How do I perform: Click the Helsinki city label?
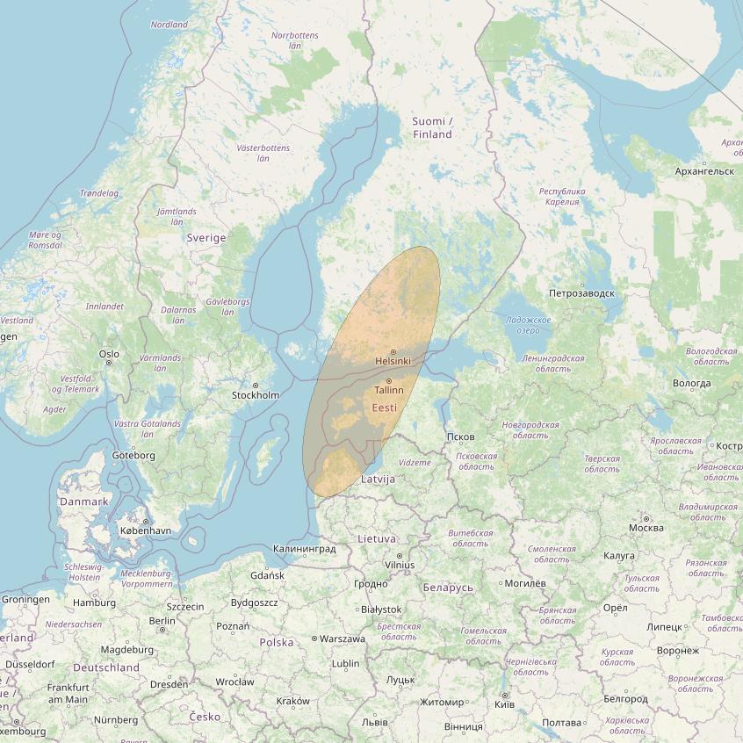tap(392, 361)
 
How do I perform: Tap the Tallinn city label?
tap(389, 390)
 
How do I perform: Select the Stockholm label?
tap(256, 395)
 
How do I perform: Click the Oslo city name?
tap(109, 355)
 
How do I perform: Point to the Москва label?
tap(646, 528)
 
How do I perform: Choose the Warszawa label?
tap(343, 638)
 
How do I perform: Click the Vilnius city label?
tap(399, 565)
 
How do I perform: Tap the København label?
tap(146, 531)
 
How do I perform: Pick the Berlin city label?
tap(162, 620)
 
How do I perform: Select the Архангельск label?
tap(705, 171)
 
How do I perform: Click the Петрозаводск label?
tap(581, 293)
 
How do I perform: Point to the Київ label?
tap(505, 704)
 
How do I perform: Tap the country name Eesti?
tap(385, 408)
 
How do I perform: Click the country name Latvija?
tap(379, 480)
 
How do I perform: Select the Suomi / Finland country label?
tap(432, 127)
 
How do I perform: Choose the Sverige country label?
tap(206, 238)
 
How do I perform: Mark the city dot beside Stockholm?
tap(256, 386)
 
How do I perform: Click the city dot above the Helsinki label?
tap(393, 352)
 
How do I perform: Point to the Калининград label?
tap(305, 549)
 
